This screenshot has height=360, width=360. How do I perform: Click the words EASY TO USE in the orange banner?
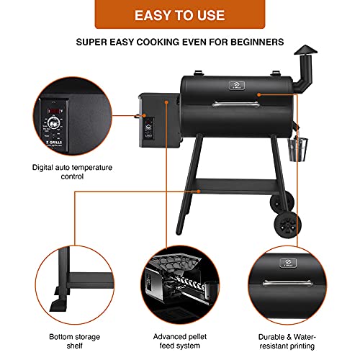point(179,14)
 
